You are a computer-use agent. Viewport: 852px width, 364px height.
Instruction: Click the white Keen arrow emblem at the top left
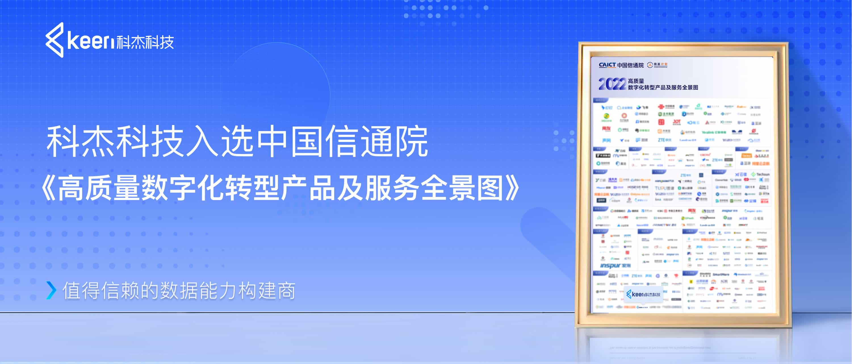point(55,40)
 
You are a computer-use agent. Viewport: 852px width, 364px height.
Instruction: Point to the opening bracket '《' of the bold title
point(48,188)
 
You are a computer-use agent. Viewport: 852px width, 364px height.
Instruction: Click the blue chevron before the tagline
point(51,290)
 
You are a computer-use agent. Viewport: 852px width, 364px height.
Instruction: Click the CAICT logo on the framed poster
point(607,65)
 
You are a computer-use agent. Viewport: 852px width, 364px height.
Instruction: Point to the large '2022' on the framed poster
point(612,84)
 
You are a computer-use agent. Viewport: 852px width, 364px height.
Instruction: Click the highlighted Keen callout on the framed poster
point(643,294)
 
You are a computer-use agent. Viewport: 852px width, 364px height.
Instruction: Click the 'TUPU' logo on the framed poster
point(664,188)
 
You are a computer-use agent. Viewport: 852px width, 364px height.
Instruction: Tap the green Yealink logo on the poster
point(713,132)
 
